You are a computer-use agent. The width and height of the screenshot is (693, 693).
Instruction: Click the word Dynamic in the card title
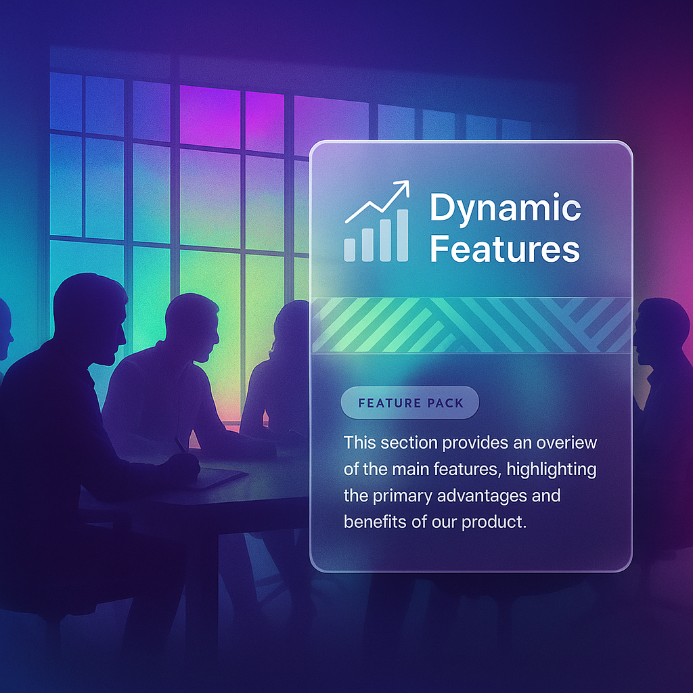505,208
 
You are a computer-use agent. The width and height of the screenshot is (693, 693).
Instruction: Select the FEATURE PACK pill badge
410,403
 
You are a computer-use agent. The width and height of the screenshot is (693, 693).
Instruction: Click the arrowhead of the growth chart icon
402,188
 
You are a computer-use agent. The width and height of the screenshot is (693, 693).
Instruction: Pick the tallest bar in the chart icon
403,235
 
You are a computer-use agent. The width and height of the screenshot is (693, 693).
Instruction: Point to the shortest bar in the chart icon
350,250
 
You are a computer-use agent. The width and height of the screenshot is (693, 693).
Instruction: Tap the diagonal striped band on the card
471,326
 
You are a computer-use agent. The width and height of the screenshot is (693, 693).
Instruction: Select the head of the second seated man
193,326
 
